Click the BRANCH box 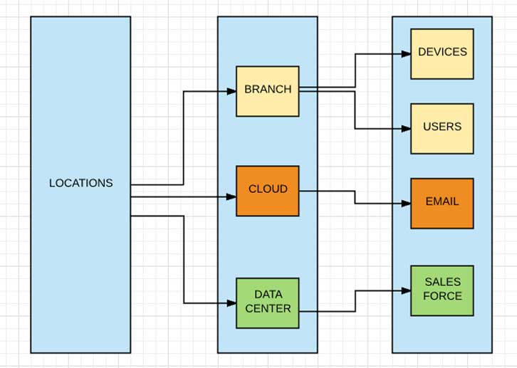click(x=268, y=91)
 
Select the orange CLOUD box click(x=268, y=191)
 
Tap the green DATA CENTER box click(x=268, y=303)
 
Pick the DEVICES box click(x=442, y=53)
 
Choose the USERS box click(x=442, y=128)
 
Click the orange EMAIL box click(x=442, y=203)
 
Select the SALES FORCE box click(x=442, y=290)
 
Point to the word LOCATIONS click(x=80, y=183)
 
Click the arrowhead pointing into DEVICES click(x=407, y=53)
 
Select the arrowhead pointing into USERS click(x=407, y=129)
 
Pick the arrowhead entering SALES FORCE click(x=407, y=290)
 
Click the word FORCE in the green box click(x=442, y=296)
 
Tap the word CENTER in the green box click(x=268, y=308)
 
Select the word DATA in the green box click(x=268, y=295)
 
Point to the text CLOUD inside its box click(x=268, y=189)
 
